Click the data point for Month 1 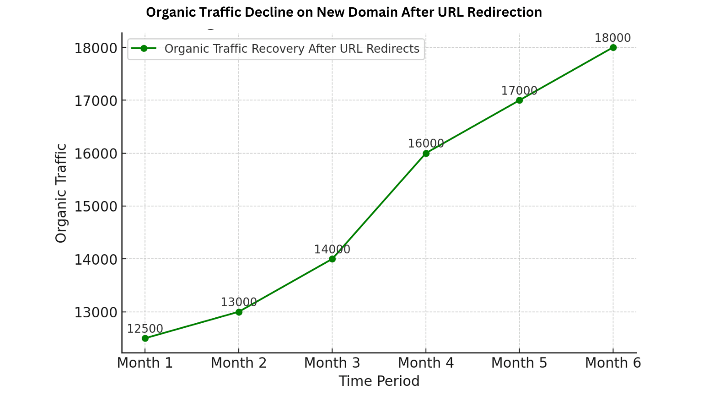tap(145, 338)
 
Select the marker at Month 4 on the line tap(426, 153)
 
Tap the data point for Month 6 tap(613, 47)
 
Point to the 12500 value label tap(145, 329)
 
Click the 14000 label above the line tap(332, 249)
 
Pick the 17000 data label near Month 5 tap(519, 90)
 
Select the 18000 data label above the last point tap(613, 38)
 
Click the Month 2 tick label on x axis tap(238, 363)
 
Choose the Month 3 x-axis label tap(332, 363)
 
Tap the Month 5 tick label tap(519, 363)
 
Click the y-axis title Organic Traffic tap(61, 193)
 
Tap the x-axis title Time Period tap(379, 381)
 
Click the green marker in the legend tap(144, 49)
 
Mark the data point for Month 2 tap(238, 312)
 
